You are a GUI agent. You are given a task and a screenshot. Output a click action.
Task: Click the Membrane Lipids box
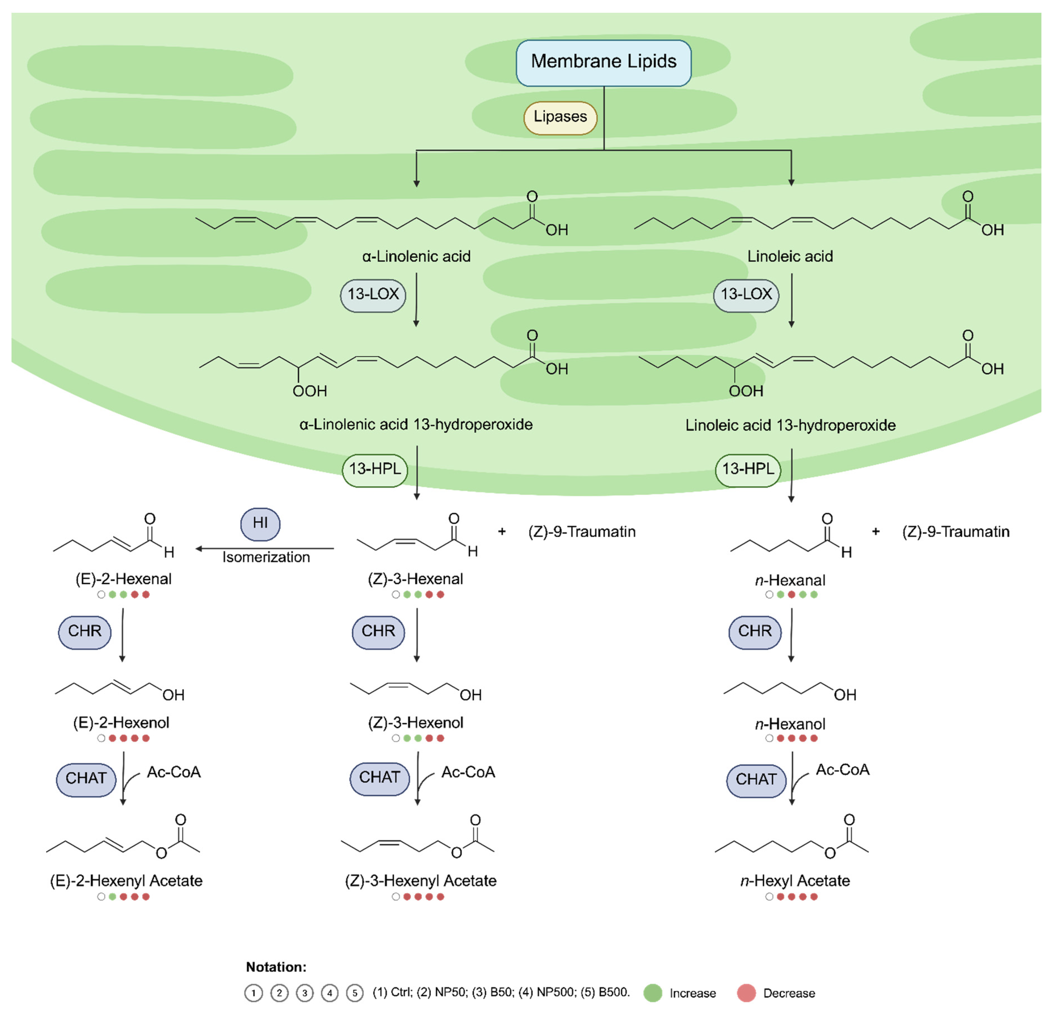603,63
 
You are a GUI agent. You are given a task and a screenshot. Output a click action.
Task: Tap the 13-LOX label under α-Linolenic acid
373,295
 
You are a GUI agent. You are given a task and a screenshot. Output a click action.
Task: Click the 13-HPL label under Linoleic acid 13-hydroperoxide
748,470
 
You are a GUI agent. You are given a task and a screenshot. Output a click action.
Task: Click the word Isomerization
266,557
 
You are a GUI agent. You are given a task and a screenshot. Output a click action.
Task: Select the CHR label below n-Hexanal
754,632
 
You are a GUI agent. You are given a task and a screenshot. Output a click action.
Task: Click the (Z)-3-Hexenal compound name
415,579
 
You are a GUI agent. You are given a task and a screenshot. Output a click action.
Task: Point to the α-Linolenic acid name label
416,257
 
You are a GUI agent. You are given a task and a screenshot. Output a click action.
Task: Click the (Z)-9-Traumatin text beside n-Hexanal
956,532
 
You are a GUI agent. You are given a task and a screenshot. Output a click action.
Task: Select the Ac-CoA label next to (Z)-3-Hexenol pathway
468,772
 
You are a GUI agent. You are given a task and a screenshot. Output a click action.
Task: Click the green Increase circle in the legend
652,993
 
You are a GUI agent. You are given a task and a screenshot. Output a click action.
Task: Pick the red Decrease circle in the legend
746,993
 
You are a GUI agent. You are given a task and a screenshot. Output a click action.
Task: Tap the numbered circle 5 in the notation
354,993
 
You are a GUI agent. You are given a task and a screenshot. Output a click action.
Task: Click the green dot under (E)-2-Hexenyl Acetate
112,897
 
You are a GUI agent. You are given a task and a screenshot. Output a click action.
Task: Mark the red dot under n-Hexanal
792,595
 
